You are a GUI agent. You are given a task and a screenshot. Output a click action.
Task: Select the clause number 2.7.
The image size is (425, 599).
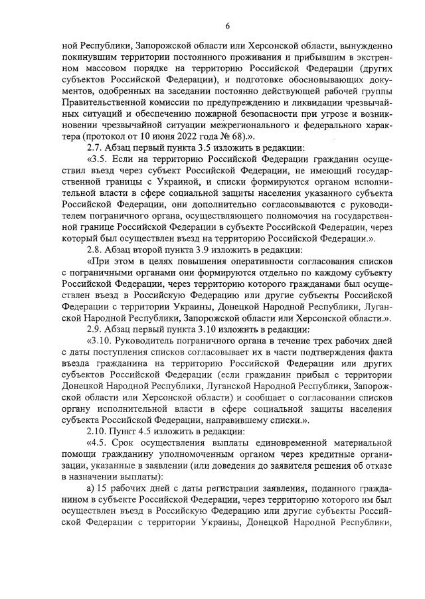[x=97, y=147]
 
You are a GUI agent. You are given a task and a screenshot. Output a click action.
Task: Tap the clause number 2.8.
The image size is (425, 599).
[x=97, y=250]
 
